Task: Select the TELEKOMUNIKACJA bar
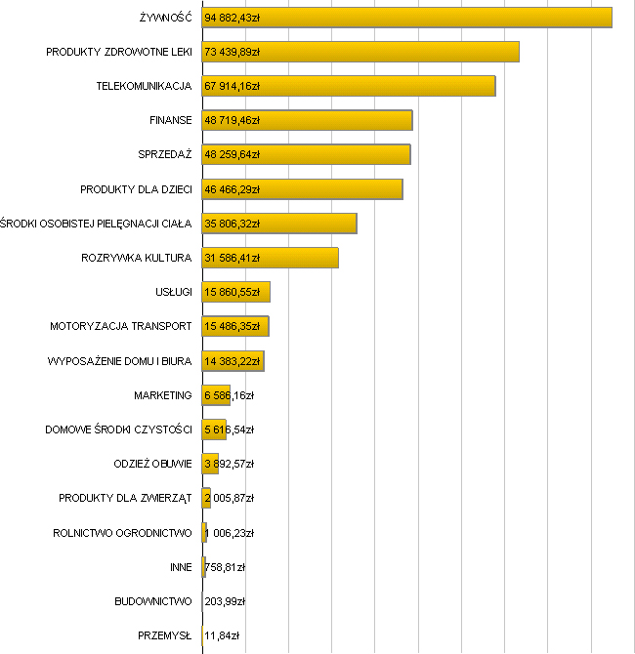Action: click(x=391, y=86)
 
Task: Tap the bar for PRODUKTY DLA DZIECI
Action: click(x=332, y=189)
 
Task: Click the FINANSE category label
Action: click(x=170, y=121)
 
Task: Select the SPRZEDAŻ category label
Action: click(x=165, y=155)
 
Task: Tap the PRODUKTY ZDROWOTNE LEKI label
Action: click(x=118, y=52)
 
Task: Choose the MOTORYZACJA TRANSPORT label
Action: click(x=120, y=327)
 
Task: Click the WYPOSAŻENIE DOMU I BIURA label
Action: click(x=119, y=361)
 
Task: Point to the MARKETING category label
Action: click(x=162, y=395)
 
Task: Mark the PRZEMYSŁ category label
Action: click(x=165, y=636)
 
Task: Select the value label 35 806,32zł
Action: click(x=232, y=224)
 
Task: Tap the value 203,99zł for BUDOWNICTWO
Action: click(x=224, y=602)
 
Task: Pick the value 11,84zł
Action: click(x=222, y=636)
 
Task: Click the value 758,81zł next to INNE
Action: click(x=225, y=567)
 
